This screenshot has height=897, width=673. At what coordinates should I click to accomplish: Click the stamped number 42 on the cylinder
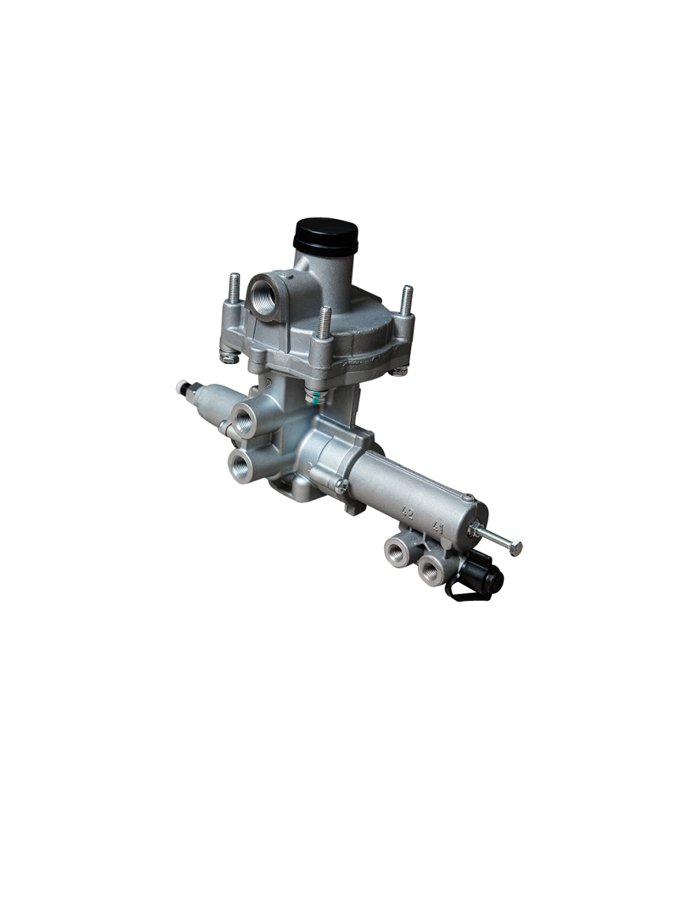408,513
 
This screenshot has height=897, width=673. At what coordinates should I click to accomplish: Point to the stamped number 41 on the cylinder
437,527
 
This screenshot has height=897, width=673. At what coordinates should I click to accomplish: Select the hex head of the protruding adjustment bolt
516,548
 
